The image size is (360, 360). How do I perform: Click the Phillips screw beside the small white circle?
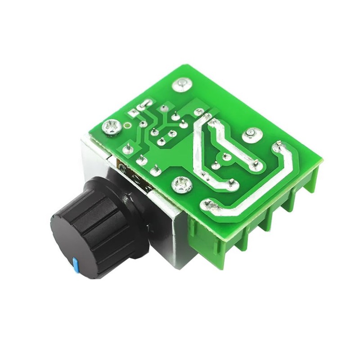tap(111, 127)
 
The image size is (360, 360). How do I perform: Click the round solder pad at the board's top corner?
tap(182, 83)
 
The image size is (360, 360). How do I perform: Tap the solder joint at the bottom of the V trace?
tap(233, 183)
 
